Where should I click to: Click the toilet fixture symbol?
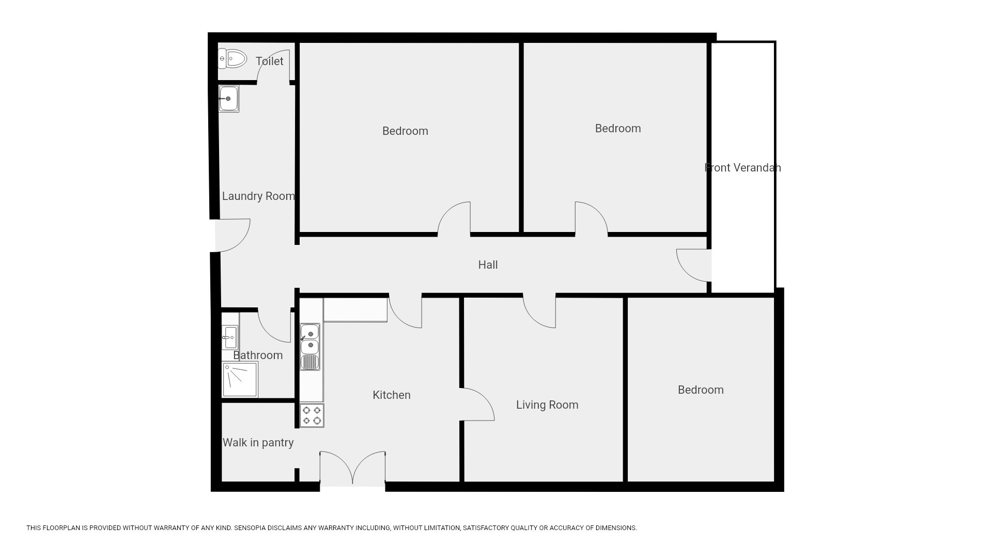tap(233, 59)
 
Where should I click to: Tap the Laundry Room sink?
tap(228, 99)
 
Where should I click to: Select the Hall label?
tap(488, 265)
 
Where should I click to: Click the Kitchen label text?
tap(392, 395)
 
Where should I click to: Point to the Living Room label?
tap(547, 405)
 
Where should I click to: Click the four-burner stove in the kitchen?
tap(312, 415)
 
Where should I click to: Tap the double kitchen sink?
tap(310, 347)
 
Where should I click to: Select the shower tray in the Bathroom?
tap(240, 380)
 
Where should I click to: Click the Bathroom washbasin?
tap(230, 337)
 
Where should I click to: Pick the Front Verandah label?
tap(742, 167)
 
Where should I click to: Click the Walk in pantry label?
tap(258, 442)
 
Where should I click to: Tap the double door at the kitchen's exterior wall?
tap(353, 469)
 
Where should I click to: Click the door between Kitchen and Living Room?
tap(477, 404)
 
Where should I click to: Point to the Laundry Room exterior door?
tap(233, 236)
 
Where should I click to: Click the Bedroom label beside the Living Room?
tap(701, 390)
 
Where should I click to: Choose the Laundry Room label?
tap(258, 196)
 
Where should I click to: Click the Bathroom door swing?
tap(274, 326)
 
